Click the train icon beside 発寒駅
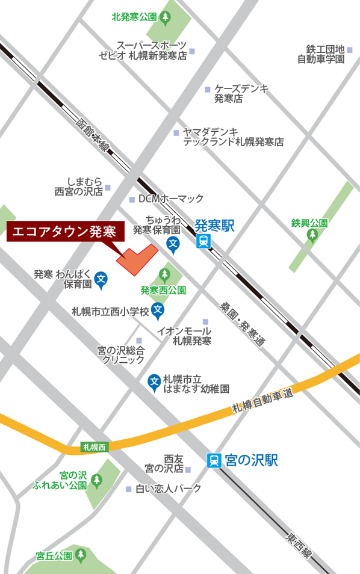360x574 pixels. (x=203, y=241)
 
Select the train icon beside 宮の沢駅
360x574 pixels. (x=214, y=460)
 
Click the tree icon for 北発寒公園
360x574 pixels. (x=167, y=17)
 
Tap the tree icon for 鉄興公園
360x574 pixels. (x=311, y=235)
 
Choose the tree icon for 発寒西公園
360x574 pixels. (x=164, y=276)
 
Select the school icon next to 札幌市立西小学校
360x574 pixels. (x=158, y=310)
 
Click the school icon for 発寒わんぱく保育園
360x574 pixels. (x=102, y=279)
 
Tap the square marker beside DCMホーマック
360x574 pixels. (x=132, y=200)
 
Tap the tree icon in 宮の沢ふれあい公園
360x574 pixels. (x=97, y=480)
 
